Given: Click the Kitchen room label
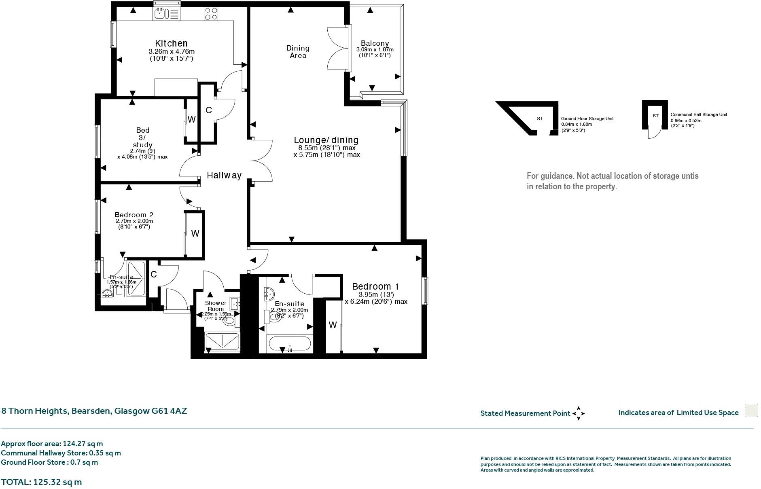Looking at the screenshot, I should click(171, 43).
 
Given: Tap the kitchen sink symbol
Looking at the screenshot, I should click(161, 14).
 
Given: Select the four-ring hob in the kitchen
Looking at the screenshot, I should click(210, 14).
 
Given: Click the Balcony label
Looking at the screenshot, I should click(375, 43).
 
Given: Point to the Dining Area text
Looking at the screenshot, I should click(298, 52).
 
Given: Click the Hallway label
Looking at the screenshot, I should click(224, 175).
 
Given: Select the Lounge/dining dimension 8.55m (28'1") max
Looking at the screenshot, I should click(326, 148).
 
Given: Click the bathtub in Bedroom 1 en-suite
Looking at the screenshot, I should click(290, 345).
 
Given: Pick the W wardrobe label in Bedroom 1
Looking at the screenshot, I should click(333, 325).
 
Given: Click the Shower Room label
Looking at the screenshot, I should click(215, 306).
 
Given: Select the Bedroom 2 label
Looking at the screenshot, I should click(134, 215).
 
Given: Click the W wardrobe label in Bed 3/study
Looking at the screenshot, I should click(191, 119).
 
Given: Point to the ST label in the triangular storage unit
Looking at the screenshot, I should click(540, 119).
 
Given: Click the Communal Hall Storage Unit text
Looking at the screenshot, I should click(699, 114).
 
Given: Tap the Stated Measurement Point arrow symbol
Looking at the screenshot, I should click(579, 413).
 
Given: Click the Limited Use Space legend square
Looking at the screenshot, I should click(751, 410).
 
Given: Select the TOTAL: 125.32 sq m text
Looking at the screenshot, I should click(41, 482).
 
